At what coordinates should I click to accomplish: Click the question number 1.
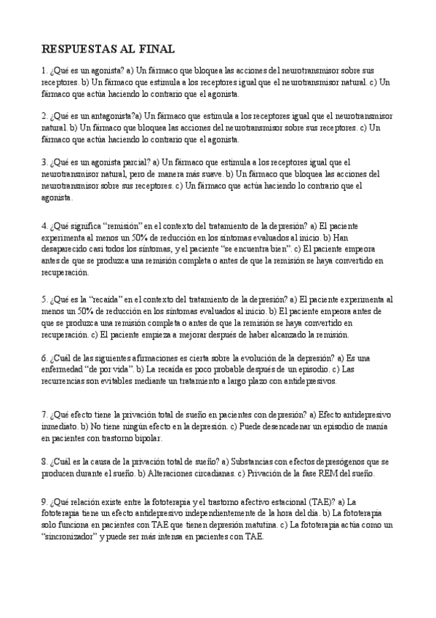44,71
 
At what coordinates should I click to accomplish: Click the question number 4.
44,226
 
